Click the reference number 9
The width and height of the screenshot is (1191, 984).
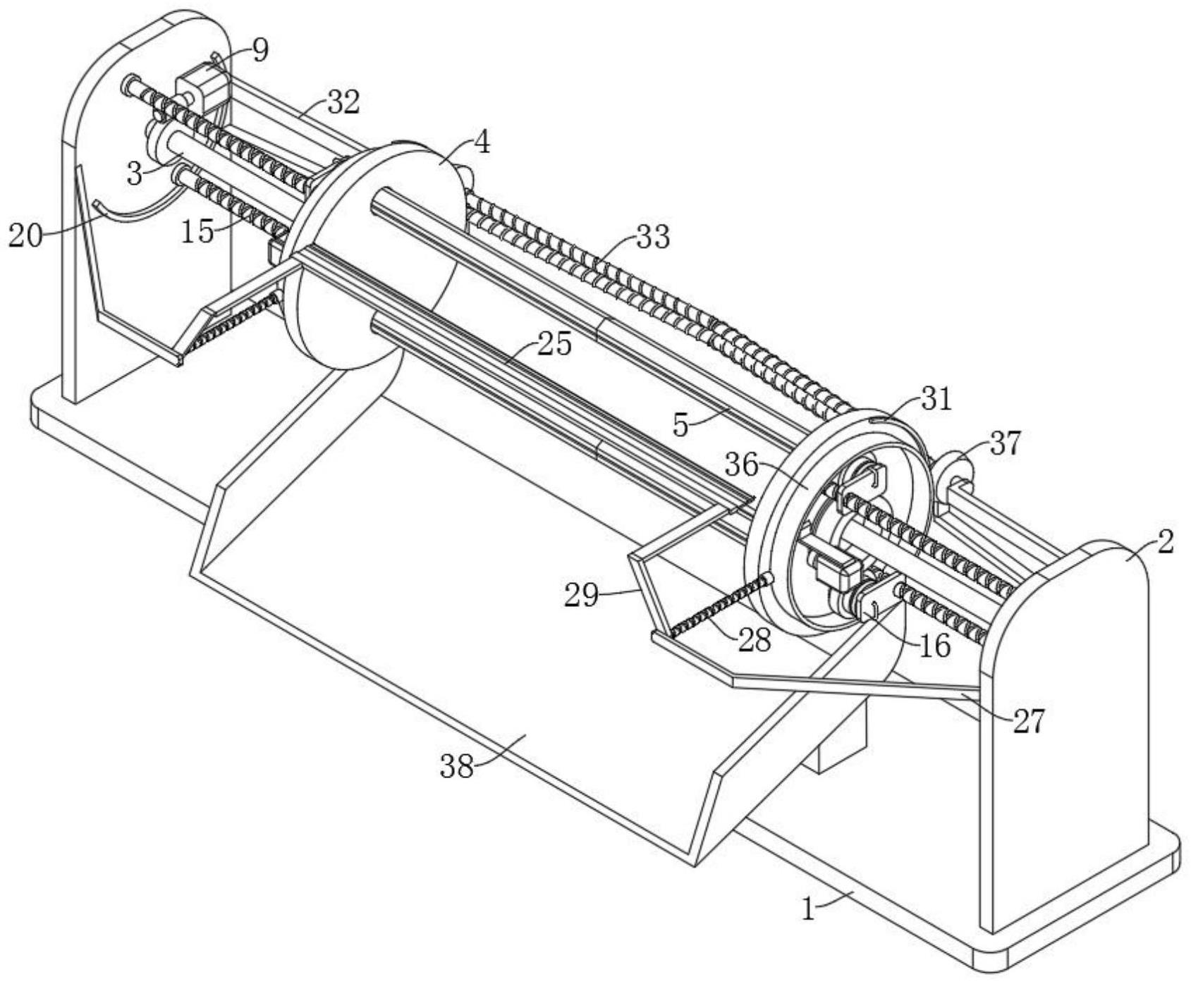(x=261, y=51)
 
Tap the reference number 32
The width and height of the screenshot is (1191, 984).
(x=343, y=103)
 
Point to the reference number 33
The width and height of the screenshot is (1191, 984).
(x=652, y=238)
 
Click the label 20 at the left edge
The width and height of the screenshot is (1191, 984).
(x=25, y=235)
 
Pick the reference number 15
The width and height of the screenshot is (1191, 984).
(x=197, y=231)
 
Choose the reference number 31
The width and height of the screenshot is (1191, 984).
(x=936, y=400)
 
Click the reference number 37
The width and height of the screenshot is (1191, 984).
(x=1005, y=443)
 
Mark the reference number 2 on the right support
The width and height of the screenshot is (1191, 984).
(x=1166, y=541)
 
